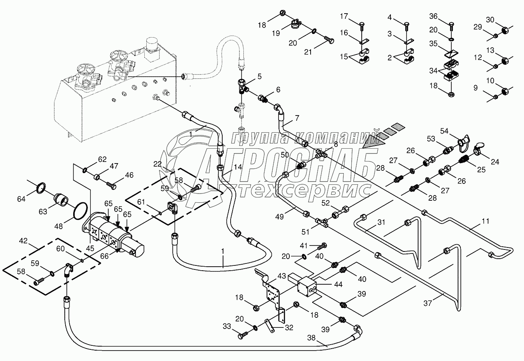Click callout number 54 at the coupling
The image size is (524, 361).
tap(445, 131)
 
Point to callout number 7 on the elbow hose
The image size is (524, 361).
tap(297, 118)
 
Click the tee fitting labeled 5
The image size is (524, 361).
tap(243, 85)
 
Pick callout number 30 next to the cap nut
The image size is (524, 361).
tap(490, 20)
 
